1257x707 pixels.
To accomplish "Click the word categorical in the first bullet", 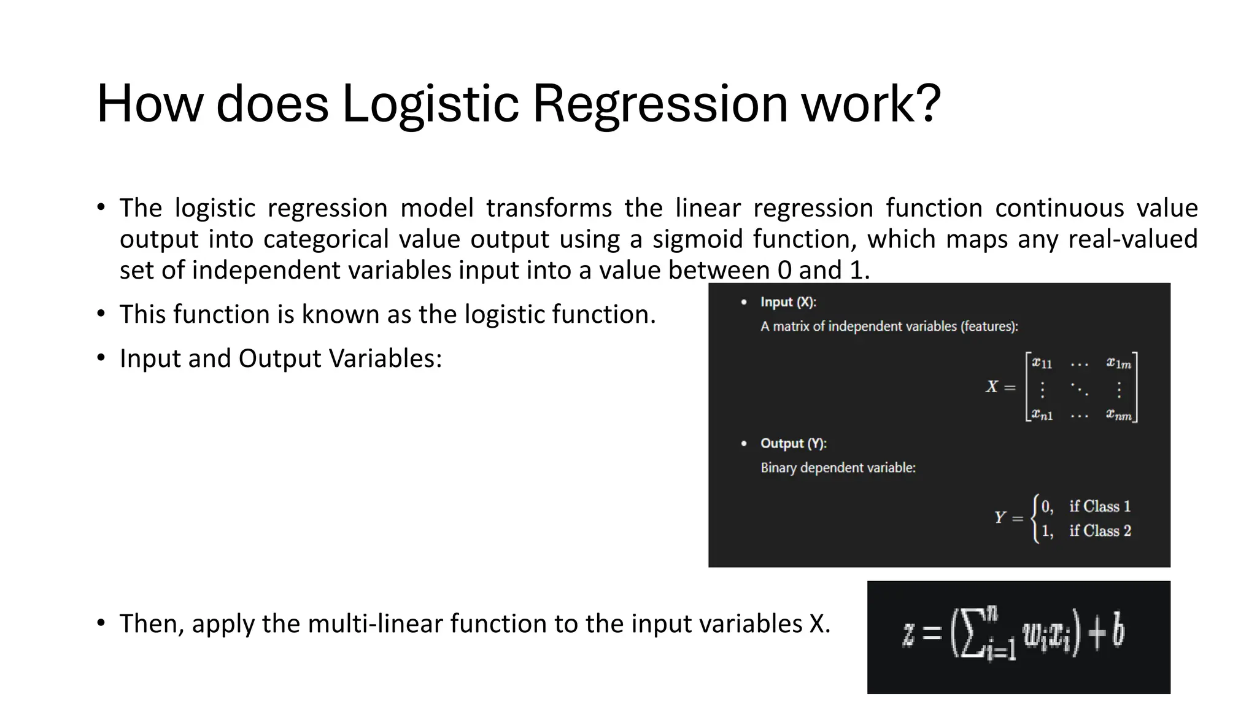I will [326, 239].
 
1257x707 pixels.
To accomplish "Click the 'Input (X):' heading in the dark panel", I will [788, 302].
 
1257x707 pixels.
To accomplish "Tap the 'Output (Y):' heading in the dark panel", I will [793, 443].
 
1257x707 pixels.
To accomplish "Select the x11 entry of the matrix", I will [1042, 363].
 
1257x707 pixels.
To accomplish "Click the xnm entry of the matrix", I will [1119, 415].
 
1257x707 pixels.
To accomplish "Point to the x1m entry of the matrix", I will [1119, 363].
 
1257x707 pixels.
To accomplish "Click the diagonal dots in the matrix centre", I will [1079, 389].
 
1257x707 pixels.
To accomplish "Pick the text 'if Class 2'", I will [1100, 531].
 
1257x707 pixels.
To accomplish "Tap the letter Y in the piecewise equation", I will [1000, 518].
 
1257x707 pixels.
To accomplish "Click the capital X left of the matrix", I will [992, 387].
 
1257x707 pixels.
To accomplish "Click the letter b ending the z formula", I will [1118, 632].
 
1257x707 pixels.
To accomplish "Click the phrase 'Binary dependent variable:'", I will [838, 468].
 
